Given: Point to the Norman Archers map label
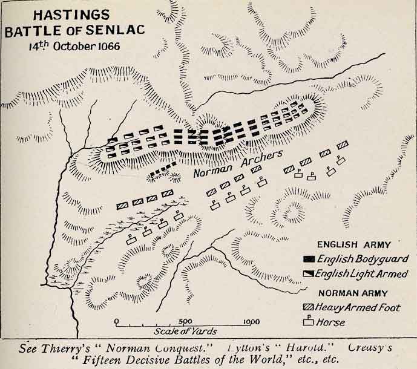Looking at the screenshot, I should [x=238, y=164].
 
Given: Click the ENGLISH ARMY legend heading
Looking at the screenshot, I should [x=353, y=245].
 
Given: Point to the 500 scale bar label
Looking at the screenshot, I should [x=185, y=321].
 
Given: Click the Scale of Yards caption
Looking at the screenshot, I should [x=185, y=331].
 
